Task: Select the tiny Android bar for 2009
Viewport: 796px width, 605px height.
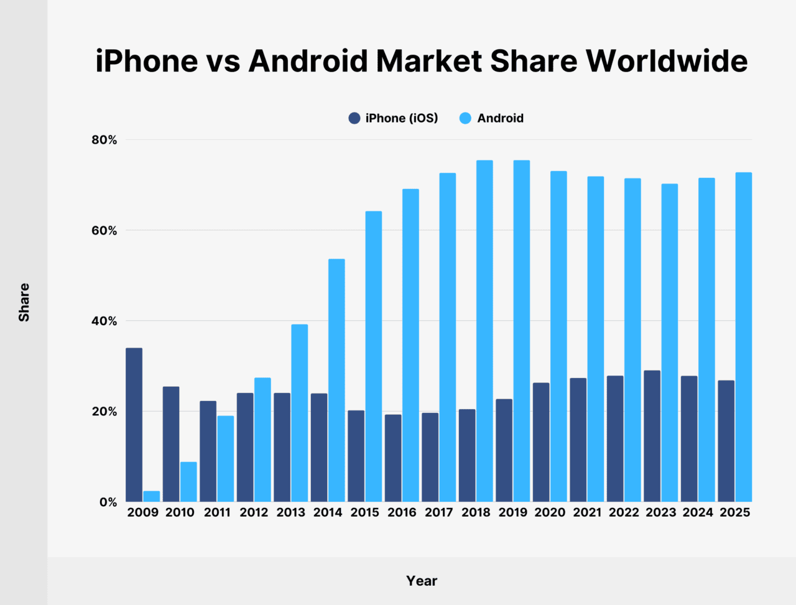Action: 152,496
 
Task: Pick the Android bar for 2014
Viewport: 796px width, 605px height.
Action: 336,380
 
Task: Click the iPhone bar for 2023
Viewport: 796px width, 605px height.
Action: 652,436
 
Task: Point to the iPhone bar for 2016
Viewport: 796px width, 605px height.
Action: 393,458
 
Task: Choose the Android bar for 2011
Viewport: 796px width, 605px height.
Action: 226,458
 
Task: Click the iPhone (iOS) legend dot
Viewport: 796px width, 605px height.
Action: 354,118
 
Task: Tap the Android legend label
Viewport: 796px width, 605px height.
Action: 500,118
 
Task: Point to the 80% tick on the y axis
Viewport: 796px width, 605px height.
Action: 104,140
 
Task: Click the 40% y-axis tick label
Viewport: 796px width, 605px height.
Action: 104,321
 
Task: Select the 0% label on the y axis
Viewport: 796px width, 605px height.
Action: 108,502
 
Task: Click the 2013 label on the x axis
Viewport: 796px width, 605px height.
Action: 290,512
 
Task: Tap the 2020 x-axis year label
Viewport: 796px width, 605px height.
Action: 550,512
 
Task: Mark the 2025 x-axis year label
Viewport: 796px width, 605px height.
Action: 734,512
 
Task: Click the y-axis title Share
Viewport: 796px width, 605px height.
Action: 24,302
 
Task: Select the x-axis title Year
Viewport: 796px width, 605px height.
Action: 422,581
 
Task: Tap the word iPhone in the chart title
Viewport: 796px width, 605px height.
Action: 146,61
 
